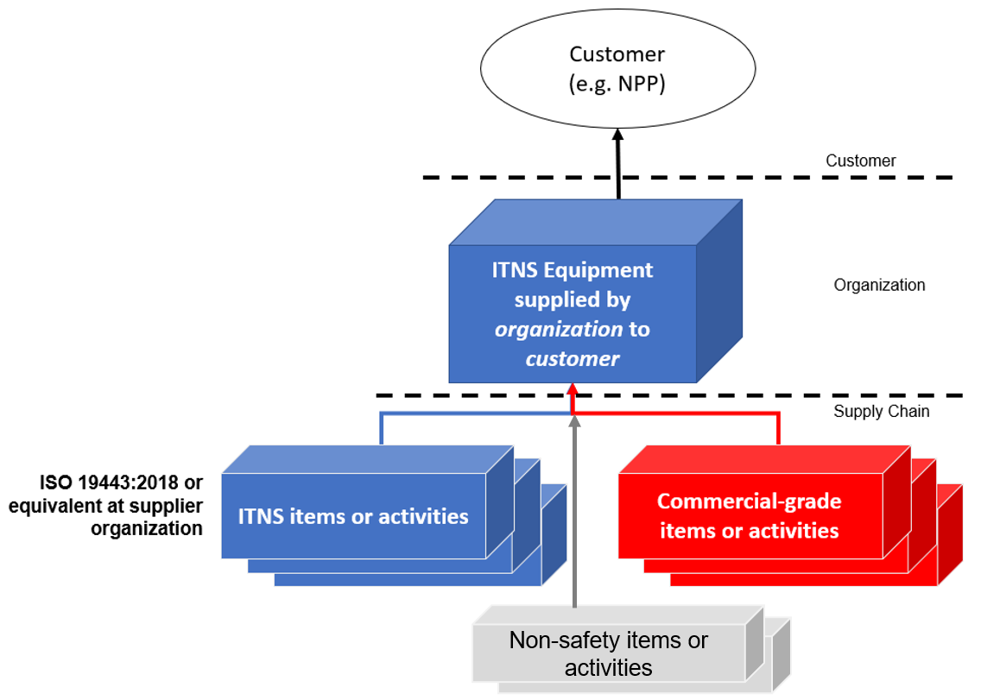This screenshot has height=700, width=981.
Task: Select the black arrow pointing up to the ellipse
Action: point(618,164)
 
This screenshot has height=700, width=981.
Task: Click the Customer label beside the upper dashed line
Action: point(860,161)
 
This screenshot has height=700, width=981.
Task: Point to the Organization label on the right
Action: point(879,285)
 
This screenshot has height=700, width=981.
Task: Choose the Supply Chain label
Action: point(881,412)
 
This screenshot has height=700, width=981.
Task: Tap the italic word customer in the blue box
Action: point(572,358)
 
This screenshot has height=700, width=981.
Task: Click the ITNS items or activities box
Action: point(353,517)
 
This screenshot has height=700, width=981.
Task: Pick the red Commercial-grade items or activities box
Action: point(749,515)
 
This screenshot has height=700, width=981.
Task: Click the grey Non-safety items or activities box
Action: point(609,653)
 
